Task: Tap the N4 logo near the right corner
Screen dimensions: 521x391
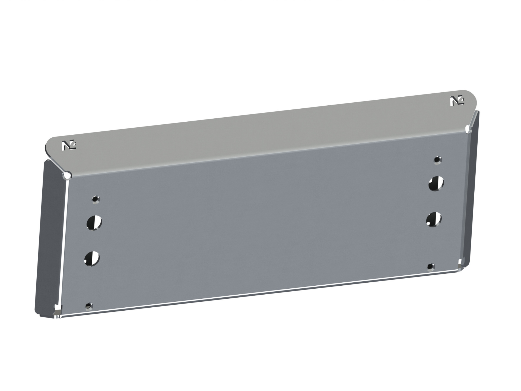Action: point(457,101)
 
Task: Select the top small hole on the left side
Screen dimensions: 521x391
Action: point(96,199)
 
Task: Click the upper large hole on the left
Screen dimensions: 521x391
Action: point(94,223)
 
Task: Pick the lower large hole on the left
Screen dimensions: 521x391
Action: point(92,258)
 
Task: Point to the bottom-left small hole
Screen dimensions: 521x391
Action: point(89,306)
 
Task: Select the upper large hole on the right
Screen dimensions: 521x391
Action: point(436,183)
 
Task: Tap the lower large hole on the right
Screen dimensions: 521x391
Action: point(434,219)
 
